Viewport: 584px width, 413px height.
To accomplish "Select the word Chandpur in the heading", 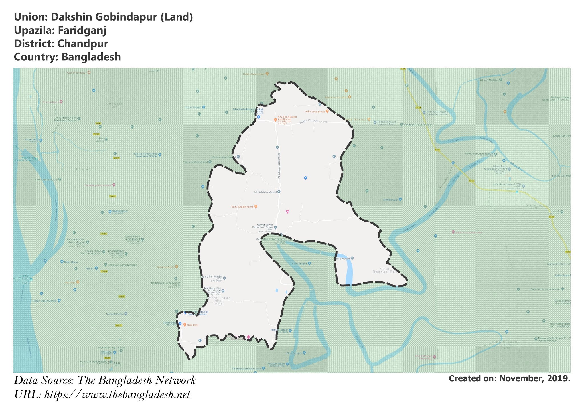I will click(x=82, y=44).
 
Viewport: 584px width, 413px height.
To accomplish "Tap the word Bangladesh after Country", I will click(x=91, y=57).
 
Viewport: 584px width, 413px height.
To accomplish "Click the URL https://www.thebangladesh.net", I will click(x=117, y=395).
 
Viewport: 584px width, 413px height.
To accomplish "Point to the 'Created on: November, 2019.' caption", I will click(x=509, y=378).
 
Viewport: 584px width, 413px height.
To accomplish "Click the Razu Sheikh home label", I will click(x=242, y=207).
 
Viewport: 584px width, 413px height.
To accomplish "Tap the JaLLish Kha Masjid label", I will click(x=265, y=192).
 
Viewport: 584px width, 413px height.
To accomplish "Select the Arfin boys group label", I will click(x=315, y=112).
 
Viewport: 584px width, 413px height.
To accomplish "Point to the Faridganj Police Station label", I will click(x=479, y=154).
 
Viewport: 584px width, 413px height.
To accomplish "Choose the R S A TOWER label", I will click(x=194, y=108).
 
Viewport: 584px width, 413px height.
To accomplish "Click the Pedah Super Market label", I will click(x=44, y=301).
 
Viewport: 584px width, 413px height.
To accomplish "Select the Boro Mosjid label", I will click(x=342, y=259).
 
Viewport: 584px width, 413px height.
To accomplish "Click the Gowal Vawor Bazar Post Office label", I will click(x=263, y=226).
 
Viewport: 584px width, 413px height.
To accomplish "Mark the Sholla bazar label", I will click(x=390, y=200).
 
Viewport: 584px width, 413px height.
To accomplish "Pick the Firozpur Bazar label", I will click(x=276, y=364).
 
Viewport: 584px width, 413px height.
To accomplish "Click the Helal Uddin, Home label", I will click(x=254, y=74).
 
